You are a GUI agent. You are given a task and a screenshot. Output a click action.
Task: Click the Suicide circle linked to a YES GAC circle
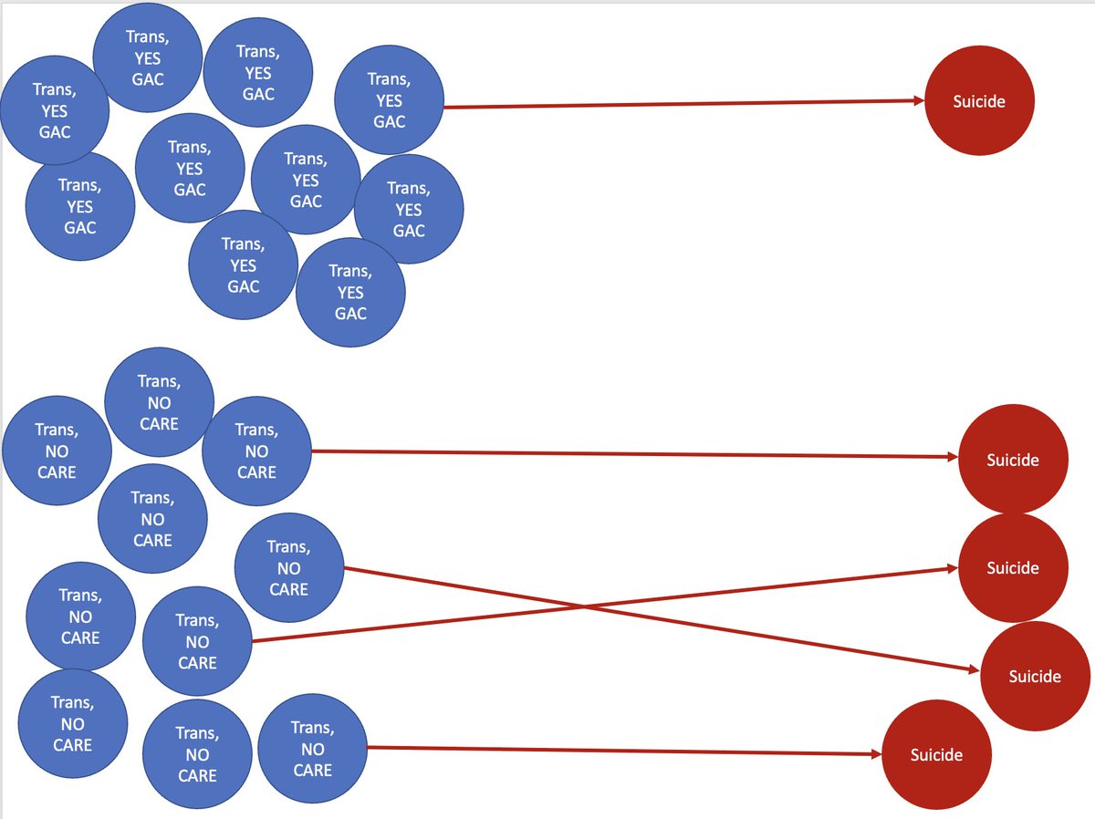click(x=979, y=100)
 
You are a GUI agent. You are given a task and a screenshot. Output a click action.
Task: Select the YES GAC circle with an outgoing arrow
click(x=389, y=99)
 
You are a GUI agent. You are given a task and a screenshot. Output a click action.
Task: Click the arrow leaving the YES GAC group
click(x=684, y=104)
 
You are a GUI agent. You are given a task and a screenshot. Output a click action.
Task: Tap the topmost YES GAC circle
click(x=148, y=57)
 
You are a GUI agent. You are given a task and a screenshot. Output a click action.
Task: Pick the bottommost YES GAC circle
click(x=350, y=292)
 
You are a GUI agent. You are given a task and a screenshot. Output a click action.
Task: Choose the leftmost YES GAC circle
click(x=55, y=110)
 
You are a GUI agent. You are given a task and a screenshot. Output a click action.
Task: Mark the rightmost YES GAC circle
click(x=409, y=209)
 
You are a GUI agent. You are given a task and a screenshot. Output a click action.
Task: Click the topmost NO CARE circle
click(x=159, y=402)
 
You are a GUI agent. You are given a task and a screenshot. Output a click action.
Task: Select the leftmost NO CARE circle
click(x=57, y=451)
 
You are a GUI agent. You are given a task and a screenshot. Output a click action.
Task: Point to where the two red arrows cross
click(x=584, y=606)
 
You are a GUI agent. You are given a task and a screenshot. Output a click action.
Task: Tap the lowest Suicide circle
click(x=936, y=754)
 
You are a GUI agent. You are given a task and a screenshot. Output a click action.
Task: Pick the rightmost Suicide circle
click(x=1035, y=676)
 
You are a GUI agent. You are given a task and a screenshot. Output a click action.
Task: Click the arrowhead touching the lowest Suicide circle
click(x=877, y=754)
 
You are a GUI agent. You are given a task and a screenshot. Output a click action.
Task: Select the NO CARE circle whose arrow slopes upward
click(x=197, y=641)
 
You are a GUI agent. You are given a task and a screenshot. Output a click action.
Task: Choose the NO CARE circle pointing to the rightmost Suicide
click(x=289, y=568)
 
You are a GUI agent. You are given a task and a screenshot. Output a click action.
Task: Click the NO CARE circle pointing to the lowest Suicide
click(x=313, y=749)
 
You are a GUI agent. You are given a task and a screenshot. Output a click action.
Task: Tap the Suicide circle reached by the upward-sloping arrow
click(x=1013, y=568)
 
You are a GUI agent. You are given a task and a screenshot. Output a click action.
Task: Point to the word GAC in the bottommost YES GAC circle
click(x=350, y=314)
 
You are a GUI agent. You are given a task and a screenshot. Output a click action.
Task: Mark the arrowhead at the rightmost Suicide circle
click(x=975, y=669)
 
